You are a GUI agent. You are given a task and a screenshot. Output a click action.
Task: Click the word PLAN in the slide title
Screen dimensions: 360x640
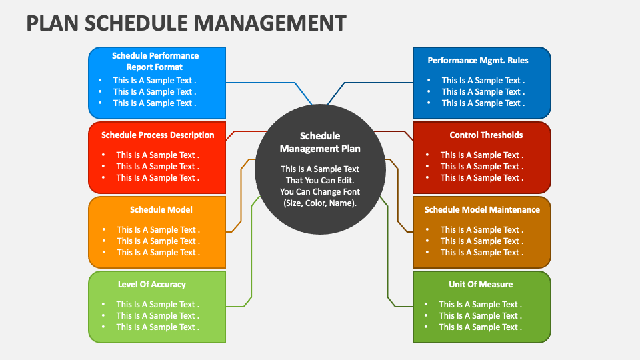(x=51, y=22)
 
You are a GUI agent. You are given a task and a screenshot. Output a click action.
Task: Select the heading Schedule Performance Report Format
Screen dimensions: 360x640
(x=155, y=61)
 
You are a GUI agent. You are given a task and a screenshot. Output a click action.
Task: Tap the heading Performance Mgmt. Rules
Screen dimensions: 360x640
(x=478, y=60)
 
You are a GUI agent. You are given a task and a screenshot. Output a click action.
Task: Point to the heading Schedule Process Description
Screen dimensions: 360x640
(x=158, y=135)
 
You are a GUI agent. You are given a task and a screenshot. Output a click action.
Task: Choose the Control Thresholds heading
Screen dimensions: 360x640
(x=486, y=135)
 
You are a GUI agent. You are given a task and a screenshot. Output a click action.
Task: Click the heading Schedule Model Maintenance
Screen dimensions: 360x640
(x=482, y=209)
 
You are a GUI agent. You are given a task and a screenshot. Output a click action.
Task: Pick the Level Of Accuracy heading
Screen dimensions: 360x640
(x=152, y=284)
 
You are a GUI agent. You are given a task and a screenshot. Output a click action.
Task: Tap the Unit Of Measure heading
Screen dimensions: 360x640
(x=481, y=284)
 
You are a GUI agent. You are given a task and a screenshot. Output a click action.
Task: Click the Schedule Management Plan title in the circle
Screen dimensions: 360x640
(x=320, y=142)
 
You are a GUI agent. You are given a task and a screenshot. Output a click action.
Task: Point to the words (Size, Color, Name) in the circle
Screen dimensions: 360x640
(x=320, y=203)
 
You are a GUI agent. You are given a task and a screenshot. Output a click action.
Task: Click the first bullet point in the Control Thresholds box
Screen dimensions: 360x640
(x=481, y=155)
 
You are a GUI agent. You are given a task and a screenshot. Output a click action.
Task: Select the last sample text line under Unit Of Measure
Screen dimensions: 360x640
(x=480, y=327)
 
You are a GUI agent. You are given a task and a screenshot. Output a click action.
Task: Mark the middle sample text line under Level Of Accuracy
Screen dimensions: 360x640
(x=157, y=315)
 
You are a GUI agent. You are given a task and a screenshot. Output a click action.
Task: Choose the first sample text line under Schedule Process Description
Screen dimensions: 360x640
(x=157, y=155)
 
